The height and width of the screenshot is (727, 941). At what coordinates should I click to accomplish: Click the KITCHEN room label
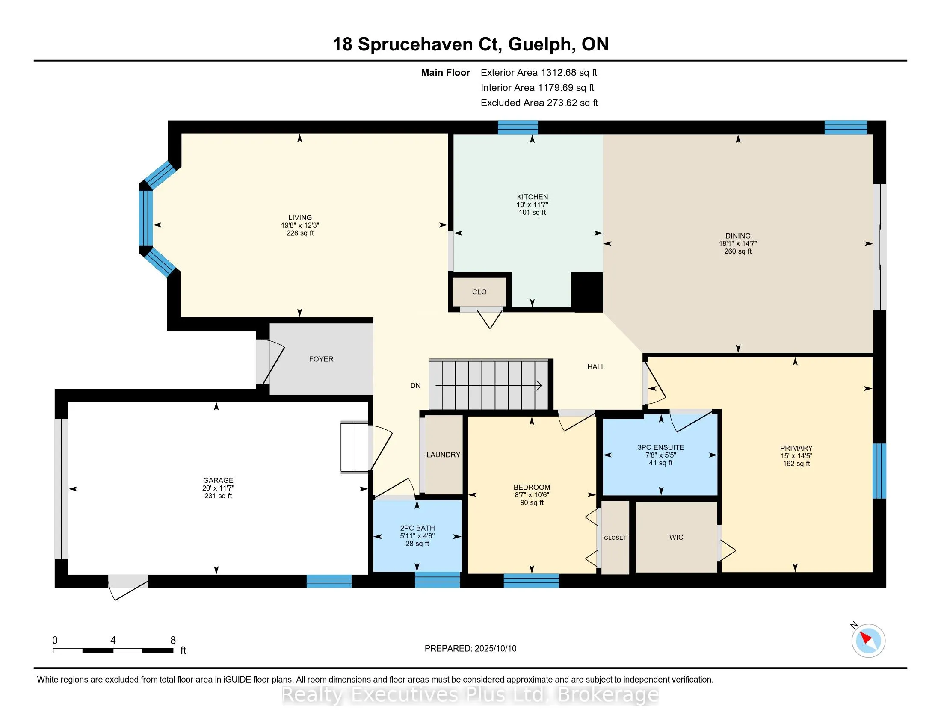pyautogui.click(x=532, y=197)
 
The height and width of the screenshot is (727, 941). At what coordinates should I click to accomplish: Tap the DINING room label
pyautogui.click(x=738, y=236)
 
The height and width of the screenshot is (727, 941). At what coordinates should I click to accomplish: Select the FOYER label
pyautogui.click(x=321, y=359)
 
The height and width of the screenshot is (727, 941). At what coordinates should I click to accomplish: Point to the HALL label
pyautogui.click(x=596, y=367)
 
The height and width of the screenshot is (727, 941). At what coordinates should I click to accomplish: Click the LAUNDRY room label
pyautogui.click(x=444, y=455)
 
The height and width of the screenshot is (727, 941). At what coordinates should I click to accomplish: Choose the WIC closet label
pyautogui.click(x=676, y=538)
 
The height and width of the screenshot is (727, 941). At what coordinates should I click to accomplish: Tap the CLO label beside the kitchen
pyautogui.click(x=479, y=292)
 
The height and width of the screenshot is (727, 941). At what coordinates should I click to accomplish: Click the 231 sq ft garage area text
pyautogui.click(x=218, y=496)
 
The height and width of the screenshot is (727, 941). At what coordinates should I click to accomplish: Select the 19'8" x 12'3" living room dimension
pyautogui.click(x=300, y=225)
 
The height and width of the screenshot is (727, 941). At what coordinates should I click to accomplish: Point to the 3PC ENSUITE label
pyautogui.click(x=660, y=447)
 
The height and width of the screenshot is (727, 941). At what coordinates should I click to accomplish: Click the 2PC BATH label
pyautogui.click(x=417, y=529)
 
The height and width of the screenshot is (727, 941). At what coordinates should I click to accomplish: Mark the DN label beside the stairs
pyautogui.click(x=415, y=386)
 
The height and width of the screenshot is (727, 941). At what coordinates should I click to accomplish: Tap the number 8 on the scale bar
pyautogui.click(x=173, y=641)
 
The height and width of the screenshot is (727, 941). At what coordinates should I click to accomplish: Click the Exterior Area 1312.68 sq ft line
pyautogui.click(x=539, y=73)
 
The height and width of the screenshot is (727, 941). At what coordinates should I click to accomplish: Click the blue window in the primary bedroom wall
pyautogui.click(x=879, y=471)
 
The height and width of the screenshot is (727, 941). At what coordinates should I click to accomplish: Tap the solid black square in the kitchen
pyautogui.click(x=586, y=292)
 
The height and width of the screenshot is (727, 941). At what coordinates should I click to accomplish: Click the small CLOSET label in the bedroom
pyautogui.click(x=615, y=538)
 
